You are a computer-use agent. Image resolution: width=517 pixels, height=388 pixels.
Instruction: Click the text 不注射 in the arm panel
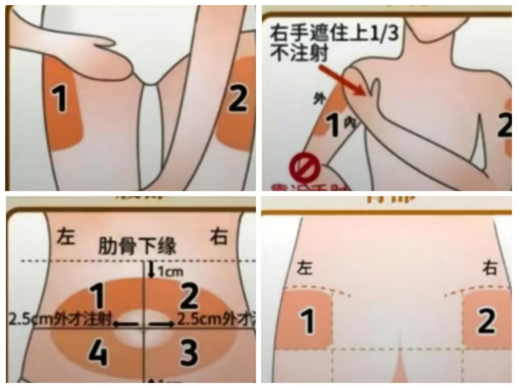tap(299, 54)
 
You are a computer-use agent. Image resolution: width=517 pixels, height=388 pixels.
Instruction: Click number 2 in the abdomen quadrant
tap(188, 296)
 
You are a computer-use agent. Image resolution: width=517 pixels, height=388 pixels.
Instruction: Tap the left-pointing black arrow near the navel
tap(126, 324)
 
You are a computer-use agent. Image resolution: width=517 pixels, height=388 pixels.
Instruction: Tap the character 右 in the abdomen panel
tap(218, 236)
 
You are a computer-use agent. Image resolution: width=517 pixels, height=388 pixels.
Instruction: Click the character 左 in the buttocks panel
tap(305, 268)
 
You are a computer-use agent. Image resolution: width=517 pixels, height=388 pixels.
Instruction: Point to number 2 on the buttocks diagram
tap(486, 321)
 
